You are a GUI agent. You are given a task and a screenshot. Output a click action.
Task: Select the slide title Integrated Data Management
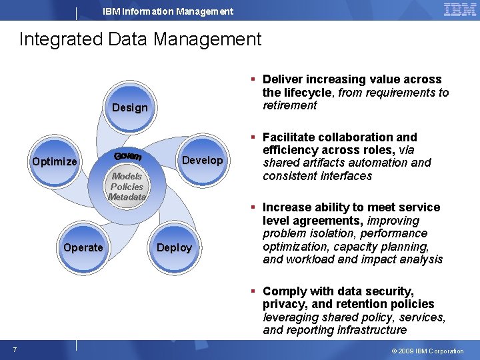(x=140, y=39)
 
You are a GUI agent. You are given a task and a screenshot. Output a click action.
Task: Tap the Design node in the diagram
(x=129, y=107)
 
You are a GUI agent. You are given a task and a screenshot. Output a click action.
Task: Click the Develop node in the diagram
(x=202, y=160)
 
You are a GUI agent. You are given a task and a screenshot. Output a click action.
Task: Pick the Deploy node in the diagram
(x=174, y=247)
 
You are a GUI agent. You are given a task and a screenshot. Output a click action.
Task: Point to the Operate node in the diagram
(x=83, y=247)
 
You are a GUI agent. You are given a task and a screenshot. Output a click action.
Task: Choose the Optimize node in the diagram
(x=55, y=161)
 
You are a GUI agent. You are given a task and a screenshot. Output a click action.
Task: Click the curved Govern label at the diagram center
(x=127, y=156)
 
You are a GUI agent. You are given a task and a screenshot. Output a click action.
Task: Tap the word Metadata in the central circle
(x=127, y=197)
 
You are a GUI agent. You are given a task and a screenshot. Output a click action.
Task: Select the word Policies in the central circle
(x=127, y=187)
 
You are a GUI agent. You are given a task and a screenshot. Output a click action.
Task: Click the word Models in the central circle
(x=127, y=177)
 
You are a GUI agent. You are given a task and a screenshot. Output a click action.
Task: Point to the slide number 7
(x=14, y=350)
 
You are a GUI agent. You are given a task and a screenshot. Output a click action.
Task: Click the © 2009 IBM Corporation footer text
(x=427, y=351)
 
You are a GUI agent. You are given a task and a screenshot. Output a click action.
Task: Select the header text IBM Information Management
(x=168, y=11)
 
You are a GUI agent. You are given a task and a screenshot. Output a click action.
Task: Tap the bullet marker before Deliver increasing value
(x=254, y=80)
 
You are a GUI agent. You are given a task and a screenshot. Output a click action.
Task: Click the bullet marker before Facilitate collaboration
(x=254, y=137)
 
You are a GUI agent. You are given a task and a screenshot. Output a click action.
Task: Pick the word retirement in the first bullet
(x=290, y=105)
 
